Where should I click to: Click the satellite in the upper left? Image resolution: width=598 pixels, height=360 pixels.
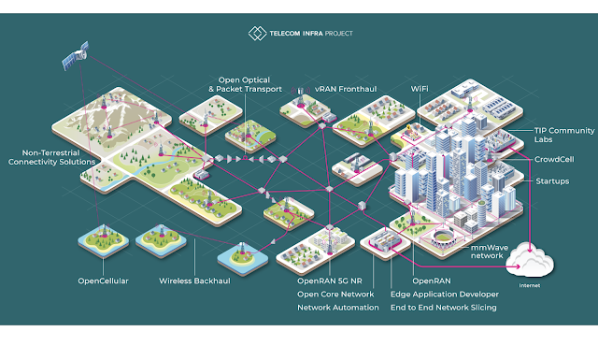[x=76, y=56]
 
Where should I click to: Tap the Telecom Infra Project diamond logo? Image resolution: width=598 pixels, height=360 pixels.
[x=258, y=34]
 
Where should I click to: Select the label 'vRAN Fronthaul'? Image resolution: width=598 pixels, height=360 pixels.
[x=346, y=89]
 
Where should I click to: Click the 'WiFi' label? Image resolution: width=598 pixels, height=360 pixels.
[x=420, y=89]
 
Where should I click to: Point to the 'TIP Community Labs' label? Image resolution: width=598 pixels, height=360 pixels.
[x=564, y=135]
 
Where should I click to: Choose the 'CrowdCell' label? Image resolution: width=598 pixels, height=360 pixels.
[x=554, y=159]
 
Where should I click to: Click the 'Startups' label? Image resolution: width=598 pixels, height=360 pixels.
[x=552, y=181]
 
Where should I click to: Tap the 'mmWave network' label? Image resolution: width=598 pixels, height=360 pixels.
[x=490, y=252]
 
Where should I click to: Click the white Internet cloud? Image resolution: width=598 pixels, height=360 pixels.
[x=530, y=260]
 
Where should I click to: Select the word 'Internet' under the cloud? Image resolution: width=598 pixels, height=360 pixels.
[x=530, y=285]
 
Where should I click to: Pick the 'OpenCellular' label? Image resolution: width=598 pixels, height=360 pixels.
[x=103, y=281]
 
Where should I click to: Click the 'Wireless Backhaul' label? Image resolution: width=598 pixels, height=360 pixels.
[x=194, y=281]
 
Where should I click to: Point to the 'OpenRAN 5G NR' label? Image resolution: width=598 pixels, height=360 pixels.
[x=330, y=281]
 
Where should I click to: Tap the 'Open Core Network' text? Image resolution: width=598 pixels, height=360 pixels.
[x=335, y=295]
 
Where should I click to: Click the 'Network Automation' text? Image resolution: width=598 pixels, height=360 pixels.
[x=338, y=308]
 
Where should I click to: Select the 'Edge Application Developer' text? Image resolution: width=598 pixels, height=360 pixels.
[x=445, y=295]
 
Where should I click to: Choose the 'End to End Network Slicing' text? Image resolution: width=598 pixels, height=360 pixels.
[x=444, y=308]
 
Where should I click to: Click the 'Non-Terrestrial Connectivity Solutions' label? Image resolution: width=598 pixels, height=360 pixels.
[x=51, y=157]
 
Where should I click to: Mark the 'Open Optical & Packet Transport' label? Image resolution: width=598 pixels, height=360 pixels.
[x=245, y=84]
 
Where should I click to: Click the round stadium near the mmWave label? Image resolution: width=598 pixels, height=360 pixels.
[x=442, y=238]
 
